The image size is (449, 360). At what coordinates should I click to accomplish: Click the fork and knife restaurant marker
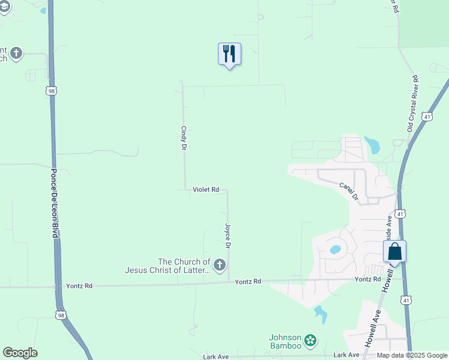tap(229, 54)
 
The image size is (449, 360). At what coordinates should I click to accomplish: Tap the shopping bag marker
tap(394, 251)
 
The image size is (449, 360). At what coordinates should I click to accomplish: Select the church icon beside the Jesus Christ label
tap(220, 265)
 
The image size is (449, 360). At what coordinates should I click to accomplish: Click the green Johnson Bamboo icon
tap(310, 341)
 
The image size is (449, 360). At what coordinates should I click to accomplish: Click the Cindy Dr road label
tap(184, 138)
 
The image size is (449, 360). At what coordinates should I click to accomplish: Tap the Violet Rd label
tap(205, 190)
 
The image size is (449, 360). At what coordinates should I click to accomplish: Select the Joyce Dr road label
tap(228, 236)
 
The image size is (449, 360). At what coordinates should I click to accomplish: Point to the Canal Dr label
tap(348, 191)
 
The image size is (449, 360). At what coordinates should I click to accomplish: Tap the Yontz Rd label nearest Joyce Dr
tap(248, 281)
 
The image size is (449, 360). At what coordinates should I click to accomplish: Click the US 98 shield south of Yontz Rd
tap(59, 314)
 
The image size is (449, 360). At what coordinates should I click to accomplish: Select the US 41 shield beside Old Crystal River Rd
tap(426, 116)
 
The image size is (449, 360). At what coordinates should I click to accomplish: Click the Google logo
tap(20, 353)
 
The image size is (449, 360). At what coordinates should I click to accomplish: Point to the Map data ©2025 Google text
tap(412, 355)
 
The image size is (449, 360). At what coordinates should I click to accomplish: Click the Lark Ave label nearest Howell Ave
tap(346, 355)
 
